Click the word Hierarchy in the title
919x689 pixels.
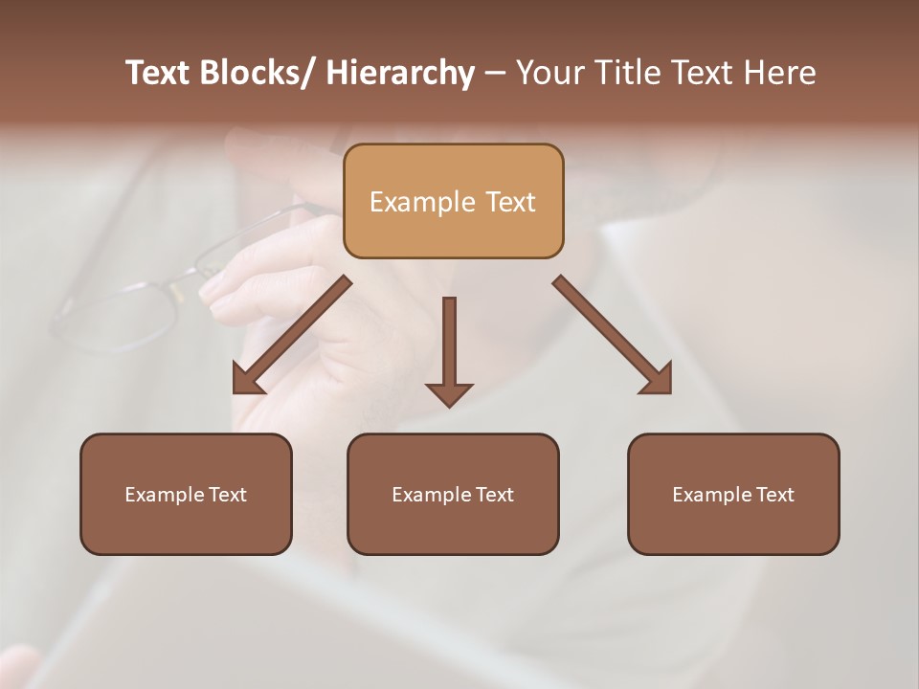tap(400, 74)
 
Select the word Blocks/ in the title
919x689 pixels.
tap(256, 74)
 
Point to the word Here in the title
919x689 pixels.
tap(779, 74)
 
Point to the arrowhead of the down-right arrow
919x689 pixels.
tap(659, 381)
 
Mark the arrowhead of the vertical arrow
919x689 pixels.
tap(449, 392)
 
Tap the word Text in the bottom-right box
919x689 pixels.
tap(774, 495)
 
